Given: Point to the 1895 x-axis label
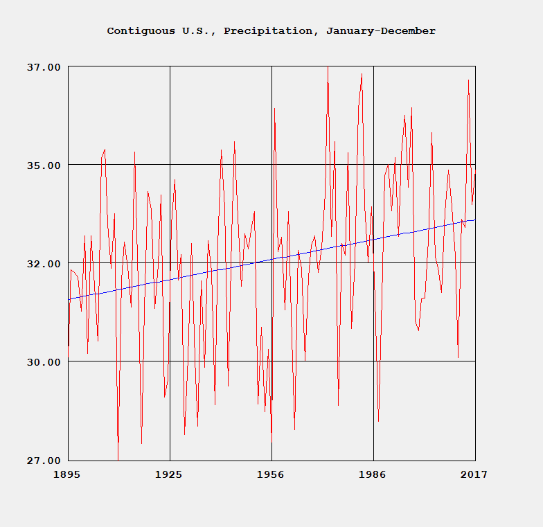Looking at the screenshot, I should [68, 474].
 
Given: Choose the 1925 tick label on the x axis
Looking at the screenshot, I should [169, 474].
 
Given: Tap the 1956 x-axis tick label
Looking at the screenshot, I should [271, 474].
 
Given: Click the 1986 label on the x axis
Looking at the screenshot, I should [373, 474].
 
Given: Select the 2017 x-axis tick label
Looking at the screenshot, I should [474, 474].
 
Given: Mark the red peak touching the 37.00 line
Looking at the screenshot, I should [328, 68].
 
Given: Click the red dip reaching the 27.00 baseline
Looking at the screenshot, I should [118, 458].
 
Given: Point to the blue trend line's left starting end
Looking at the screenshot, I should [69, 299].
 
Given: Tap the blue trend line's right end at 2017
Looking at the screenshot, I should [474, 220].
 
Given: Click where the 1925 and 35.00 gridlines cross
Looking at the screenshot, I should [170, 165].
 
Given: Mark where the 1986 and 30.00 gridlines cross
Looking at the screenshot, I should [373, 361].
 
